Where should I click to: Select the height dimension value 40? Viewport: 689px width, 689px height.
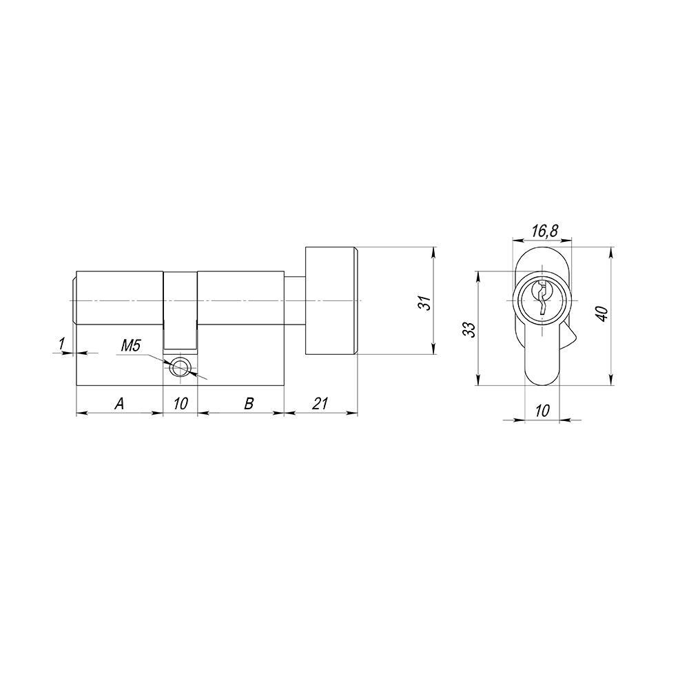tap(601, 313)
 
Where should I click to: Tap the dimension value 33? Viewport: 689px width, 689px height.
tap(469, 329)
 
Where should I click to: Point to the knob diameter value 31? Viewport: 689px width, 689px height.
tap(424, 302)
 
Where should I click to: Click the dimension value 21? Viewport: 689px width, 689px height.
tap(320, 404)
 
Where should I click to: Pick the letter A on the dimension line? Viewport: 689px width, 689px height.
tap(119, 404)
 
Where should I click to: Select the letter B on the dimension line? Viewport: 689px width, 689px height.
tap(249, 404)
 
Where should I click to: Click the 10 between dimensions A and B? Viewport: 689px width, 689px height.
tap(180, 404)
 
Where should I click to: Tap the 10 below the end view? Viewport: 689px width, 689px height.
tap(542, 411)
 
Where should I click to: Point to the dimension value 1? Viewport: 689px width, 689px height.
tap(62, 342)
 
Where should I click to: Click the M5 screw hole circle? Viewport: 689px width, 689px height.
tap(181, 367)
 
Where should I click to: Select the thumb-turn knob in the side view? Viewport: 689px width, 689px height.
tap(331, 300)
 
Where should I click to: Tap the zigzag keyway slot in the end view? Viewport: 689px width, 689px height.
tap(542, 298)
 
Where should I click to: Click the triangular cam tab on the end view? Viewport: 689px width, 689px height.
tap(569, 338)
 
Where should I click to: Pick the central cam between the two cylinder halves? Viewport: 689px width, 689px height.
tap(181, 310)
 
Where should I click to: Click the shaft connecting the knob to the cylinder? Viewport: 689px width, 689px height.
tap(294, 300)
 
